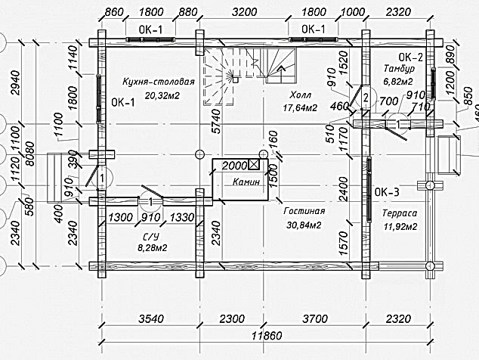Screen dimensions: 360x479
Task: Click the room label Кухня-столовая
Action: [159, 82]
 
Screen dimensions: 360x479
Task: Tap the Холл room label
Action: [300, 96]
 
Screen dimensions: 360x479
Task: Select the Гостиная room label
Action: [304, 212]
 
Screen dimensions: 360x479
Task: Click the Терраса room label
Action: [400, 213]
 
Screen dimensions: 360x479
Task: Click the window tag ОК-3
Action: [388, 191]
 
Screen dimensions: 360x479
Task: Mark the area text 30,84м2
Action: [304, 225]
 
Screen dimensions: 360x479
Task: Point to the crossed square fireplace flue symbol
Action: [254, 164]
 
